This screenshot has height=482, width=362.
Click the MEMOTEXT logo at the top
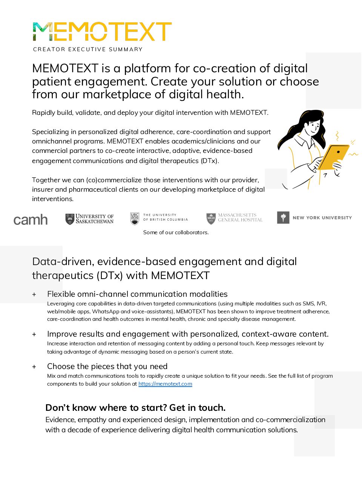(102, 32)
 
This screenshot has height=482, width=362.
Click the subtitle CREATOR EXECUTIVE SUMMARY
(88, 49)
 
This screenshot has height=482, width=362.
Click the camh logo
(31, 220)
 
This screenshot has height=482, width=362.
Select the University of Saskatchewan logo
(89, 219)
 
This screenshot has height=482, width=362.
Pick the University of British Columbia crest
(135, 218)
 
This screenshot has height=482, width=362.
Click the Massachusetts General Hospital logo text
(240, 218)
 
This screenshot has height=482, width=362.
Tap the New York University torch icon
(283, 217)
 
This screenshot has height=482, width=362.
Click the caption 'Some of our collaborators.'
(176, 232)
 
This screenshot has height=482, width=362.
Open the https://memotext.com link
(165, 384)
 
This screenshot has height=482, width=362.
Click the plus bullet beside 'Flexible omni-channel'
(34, 294)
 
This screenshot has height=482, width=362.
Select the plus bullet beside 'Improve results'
(34, 334)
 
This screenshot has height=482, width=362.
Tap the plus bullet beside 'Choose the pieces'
(34, 367)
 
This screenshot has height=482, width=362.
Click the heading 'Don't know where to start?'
(135, 407)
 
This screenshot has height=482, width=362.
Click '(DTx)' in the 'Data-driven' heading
(110, 275)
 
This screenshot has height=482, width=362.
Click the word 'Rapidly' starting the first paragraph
(42, 113)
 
